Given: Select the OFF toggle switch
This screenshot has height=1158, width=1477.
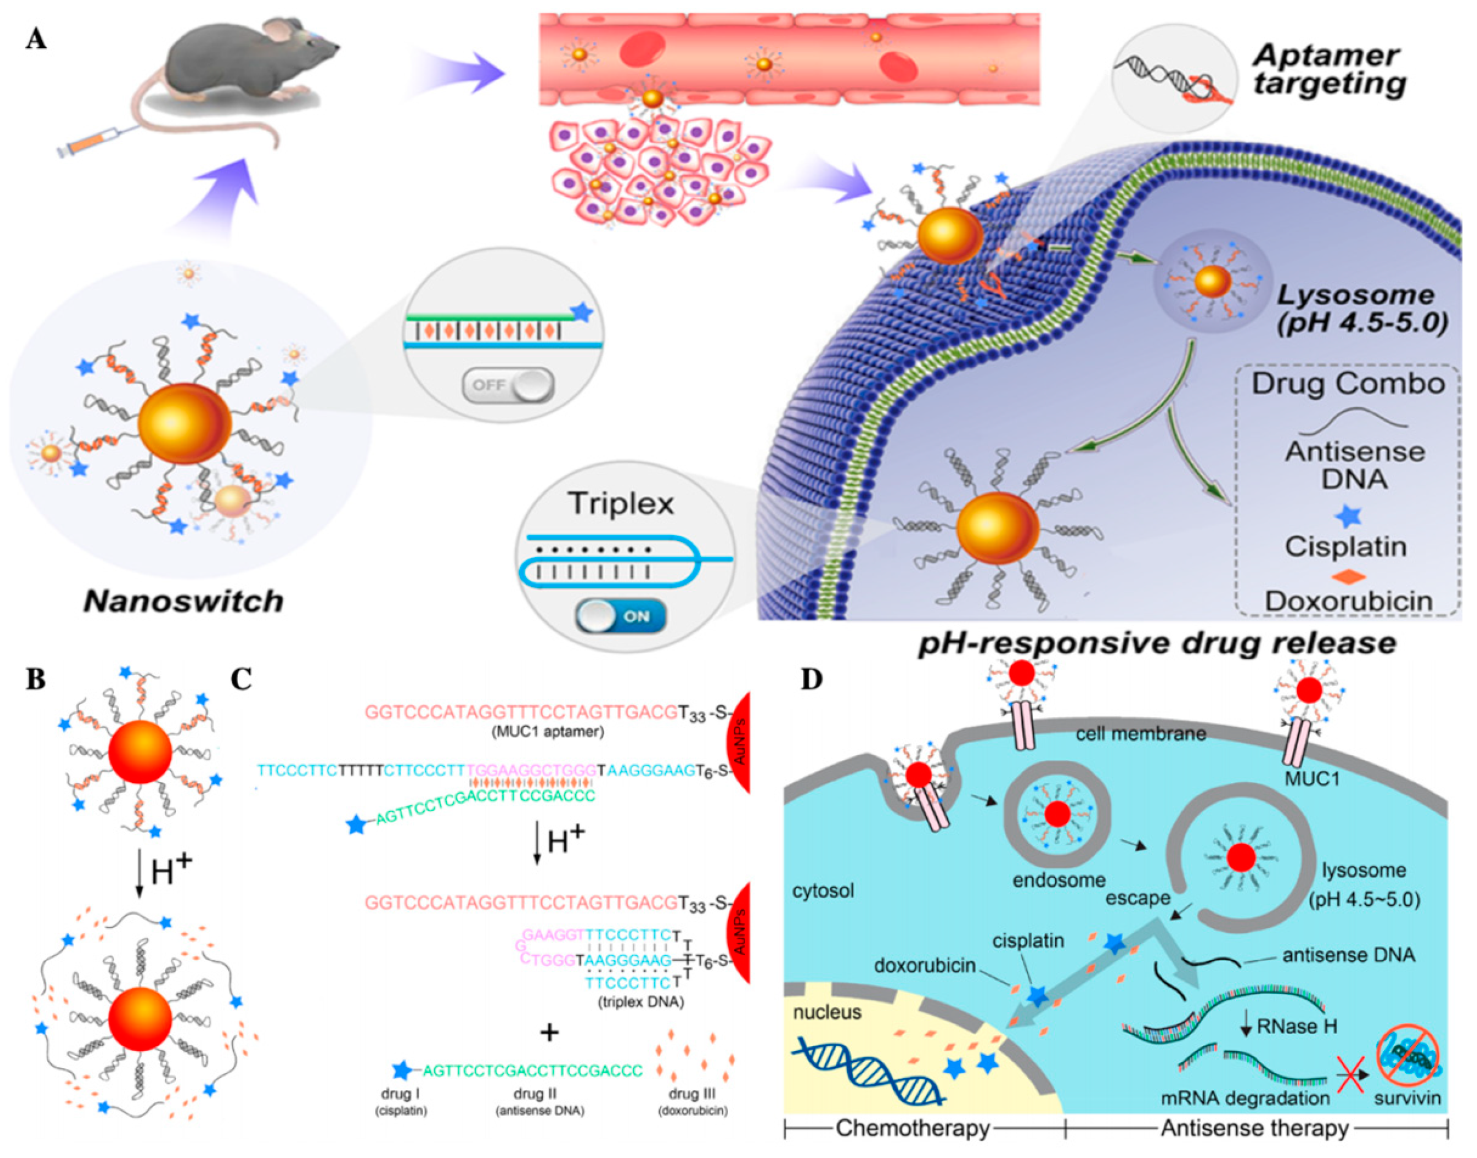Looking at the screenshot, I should point(508,386).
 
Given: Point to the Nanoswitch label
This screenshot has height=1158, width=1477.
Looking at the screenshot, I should point(183,601).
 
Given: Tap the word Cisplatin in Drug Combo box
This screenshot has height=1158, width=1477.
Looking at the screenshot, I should point(1345,546).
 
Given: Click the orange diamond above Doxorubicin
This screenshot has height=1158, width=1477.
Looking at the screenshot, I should point(1345,577).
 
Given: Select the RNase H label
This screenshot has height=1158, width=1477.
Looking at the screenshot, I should point(1297,1026).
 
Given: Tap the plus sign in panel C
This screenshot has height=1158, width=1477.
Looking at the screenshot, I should point(549,1033).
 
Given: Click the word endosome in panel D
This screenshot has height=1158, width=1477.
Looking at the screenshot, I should point(1059,880).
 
